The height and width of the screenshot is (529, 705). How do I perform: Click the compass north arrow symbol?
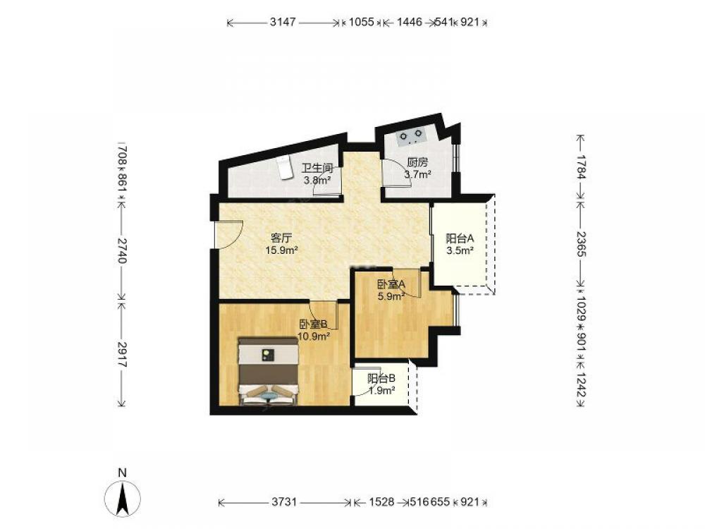pos(122,498)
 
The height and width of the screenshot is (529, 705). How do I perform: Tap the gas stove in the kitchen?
pos(411,135)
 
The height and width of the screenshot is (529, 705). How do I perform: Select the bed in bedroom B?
pos(269,371)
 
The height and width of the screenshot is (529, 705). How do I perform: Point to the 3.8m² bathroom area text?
pos(317,181)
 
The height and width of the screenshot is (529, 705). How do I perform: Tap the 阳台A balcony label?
pos(460,238)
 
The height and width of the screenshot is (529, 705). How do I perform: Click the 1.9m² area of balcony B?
pos(381,391)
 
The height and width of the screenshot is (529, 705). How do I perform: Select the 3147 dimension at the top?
pos(283,22)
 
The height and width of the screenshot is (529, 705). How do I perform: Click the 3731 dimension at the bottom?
pos(284,501)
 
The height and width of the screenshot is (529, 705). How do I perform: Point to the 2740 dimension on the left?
pos(122,250)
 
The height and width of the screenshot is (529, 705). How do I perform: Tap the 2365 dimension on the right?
pos(582,243)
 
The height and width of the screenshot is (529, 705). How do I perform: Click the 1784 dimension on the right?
pos(582,166)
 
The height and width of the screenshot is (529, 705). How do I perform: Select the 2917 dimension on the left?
pos(122,354)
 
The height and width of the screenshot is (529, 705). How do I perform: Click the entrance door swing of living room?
pos(229,234)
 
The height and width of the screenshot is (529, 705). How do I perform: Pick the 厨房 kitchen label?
pos(417,162)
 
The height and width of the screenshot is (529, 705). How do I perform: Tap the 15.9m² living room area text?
pos(282,250)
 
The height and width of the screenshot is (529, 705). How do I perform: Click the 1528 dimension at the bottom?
pos(381,501)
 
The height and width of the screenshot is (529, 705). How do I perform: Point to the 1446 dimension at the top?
pos(409,22)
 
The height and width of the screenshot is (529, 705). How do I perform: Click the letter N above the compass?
pos(122,473)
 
